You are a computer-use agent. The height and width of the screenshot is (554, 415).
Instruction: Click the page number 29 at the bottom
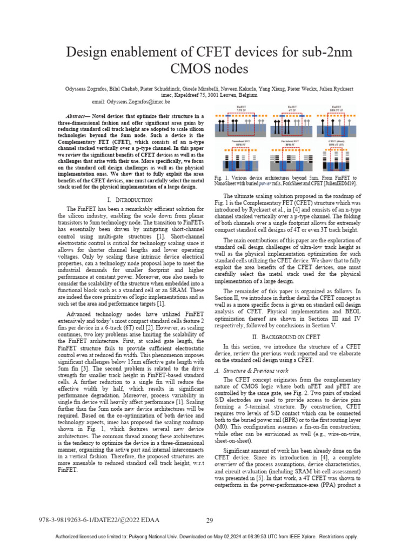point(210,520)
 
